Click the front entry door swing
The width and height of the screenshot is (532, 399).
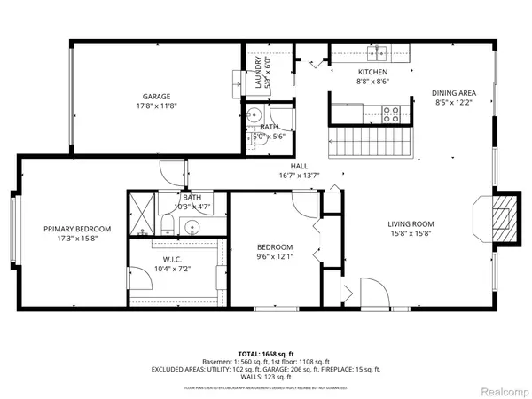[371, 293]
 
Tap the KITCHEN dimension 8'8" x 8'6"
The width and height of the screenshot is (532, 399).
[372, 82]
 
